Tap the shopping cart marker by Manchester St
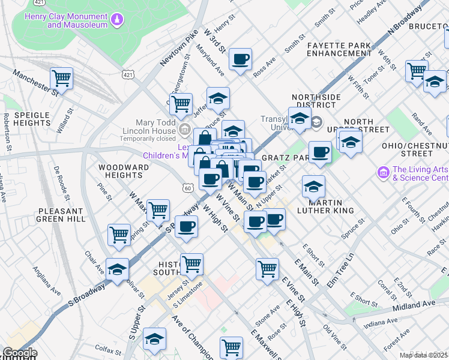tap(61, 78)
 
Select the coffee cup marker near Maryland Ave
tap(241, 59)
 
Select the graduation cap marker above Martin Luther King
tap(313, 187)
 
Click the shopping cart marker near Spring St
tap(119, 235)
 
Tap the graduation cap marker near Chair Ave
tap(118, 269)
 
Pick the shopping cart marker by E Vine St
tap(267, 268)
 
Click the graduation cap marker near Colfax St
tap(154, 340)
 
